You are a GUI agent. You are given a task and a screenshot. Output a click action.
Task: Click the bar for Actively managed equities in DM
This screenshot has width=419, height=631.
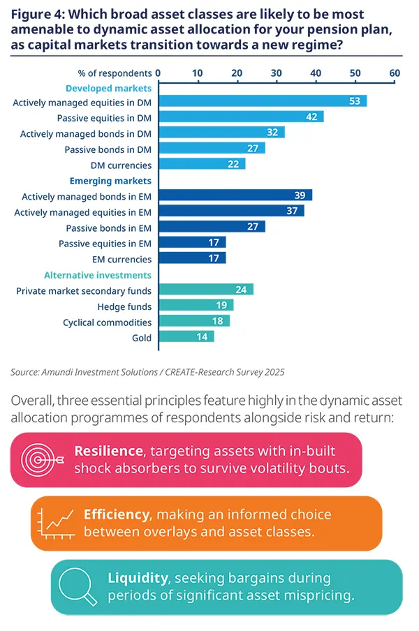coord(262,102)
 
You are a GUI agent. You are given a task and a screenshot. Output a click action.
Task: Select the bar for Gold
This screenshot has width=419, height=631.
coord(186,337)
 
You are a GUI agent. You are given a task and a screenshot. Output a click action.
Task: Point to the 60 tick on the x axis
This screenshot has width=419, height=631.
coord(395,73)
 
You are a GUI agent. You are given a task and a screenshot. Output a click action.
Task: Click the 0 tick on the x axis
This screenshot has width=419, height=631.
coord(159,73)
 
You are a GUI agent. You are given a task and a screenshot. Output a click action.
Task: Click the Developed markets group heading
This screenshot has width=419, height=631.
coord(108,88)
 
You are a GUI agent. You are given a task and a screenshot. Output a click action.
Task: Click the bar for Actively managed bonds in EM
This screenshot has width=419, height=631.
coord(235,196)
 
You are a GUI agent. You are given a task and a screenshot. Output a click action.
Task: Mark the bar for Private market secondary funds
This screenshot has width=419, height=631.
coord(205,290)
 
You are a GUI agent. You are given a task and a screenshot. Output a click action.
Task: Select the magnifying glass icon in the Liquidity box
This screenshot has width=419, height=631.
coord(80,586)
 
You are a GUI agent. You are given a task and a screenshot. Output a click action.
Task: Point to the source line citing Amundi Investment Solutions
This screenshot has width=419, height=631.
coord(147,372)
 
